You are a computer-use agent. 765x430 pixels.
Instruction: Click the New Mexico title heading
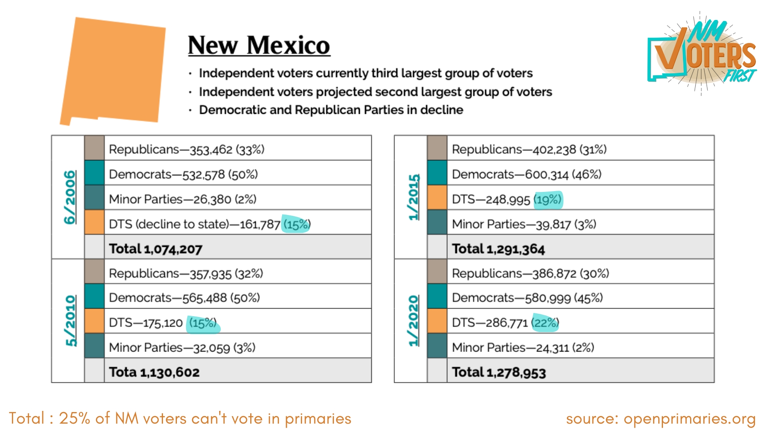pyautogui.click(x=259, y=45)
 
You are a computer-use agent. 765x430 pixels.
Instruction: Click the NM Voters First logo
pyautogui.click(x=702, y=54)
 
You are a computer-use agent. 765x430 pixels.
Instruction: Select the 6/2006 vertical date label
pyautogui.click(x=70, y=197)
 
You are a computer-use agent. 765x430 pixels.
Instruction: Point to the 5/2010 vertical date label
pyautogui.click(x=71, y=321)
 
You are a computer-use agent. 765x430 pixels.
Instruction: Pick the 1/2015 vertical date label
pyautogui.click(x=414, y=197)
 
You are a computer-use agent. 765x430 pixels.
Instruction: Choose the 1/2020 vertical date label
pyautogui.click(x=414, y=321)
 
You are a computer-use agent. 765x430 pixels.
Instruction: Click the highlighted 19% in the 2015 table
pyautogui.click(x=548, y=199)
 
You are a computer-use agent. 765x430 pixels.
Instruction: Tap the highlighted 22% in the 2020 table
pyautogui.click(x=545, y=322)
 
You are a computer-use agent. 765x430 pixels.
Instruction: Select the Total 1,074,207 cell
pyautogui.click(x=155, y=249)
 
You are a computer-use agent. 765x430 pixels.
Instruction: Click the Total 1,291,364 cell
pyautogui.click(x=498, y=249)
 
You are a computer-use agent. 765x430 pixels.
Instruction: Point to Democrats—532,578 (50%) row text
pyautogui.click(x=183, y=174)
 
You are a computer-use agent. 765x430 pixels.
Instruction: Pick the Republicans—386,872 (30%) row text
pyautogui.click(x=530, y=274)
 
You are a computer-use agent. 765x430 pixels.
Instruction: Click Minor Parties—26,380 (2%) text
pyautogui.click(x=182, y=199)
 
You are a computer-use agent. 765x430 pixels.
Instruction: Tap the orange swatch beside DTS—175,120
pyautogui.click(x=94, y=321)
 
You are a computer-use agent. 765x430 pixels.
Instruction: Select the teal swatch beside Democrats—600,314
pyautogui.click(x=437, y=173)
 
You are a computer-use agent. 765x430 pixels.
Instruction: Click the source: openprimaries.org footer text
pyautogui.click(x=661, y=418)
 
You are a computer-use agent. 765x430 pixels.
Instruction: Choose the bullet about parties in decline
pyautogui.click(x=331, y=110)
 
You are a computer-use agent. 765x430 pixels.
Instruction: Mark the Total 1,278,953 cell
pyautogui.click(x=499, y=372)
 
